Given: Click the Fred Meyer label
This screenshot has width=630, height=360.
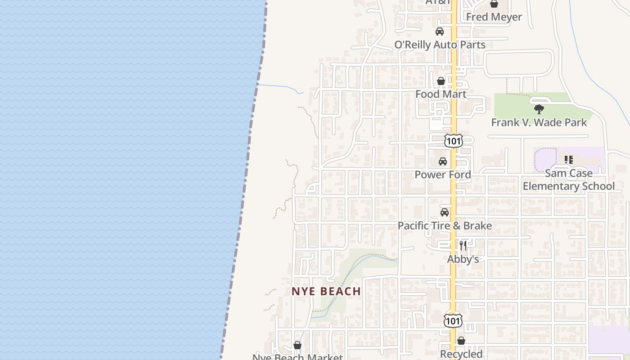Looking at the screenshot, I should coord(494,17).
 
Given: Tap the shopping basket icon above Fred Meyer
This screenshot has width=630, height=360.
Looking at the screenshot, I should coord(494,4).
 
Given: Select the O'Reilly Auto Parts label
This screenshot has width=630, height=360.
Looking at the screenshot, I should coord(440,45).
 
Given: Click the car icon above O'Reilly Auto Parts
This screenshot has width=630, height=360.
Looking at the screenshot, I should coord(439,31).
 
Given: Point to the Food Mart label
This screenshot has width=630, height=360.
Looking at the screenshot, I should coord(441,94).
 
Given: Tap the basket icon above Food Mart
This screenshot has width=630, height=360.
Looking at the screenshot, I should coord(441,81).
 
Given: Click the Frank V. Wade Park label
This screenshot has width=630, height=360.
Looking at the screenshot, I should coord(539,122).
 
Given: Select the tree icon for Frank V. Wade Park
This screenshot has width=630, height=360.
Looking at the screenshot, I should coord(539,109).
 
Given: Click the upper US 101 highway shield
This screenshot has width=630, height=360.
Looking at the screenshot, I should coord(453,141).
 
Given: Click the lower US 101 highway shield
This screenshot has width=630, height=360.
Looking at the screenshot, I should coord(453,320).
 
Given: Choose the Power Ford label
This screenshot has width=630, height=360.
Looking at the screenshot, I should coord(442,175).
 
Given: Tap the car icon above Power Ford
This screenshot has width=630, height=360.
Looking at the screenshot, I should coord(443,162).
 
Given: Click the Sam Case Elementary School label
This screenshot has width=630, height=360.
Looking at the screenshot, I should coord(568,180).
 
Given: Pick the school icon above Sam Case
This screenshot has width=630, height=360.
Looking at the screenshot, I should coord(568,159).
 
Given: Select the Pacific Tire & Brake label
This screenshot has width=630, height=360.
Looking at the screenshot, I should coord(445,225).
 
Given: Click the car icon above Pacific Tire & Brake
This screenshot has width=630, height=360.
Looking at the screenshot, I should coord(445,212).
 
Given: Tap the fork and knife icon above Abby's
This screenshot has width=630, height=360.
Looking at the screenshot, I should coord(463,246).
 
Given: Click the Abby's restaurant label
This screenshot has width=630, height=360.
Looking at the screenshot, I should coord(463,259).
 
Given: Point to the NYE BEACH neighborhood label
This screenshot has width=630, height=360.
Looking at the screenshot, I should coord(326,291).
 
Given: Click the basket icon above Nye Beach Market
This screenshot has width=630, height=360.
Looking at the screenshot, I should coord(297,345).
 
